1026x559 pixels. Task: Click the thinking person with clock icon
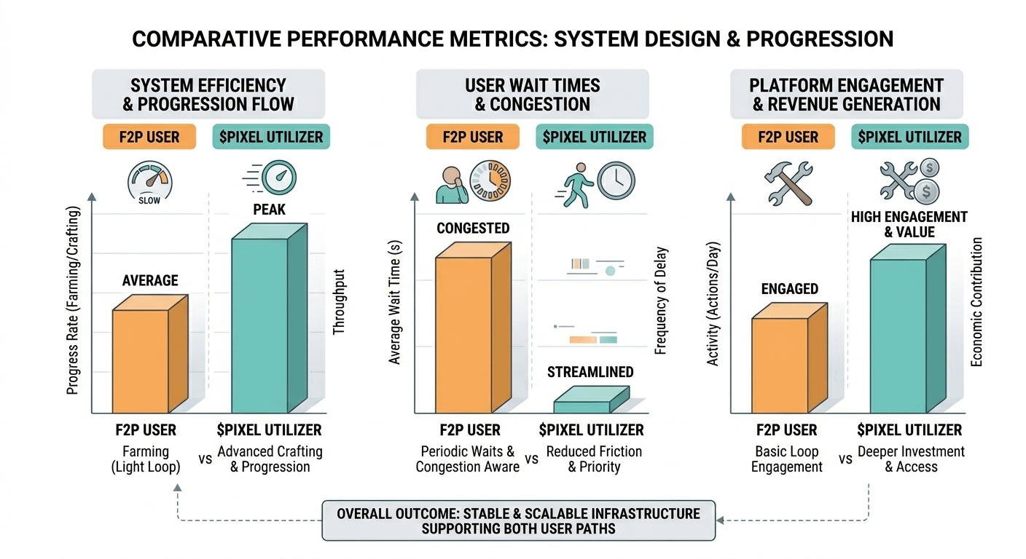(473, 181)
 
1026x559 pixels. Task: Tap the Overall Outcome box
(518, 520)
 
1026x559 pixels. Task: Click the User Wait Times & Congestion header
(533, 95)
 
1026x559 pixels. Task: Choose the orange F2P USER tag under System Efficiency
(149, 137)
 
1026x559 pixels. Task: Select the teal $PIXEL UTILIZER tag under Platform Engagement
(909, 137)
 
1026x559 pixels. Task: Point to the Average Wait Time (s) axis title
(395, 306)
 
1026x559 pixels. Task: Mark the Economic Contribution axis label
(976, 301)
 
